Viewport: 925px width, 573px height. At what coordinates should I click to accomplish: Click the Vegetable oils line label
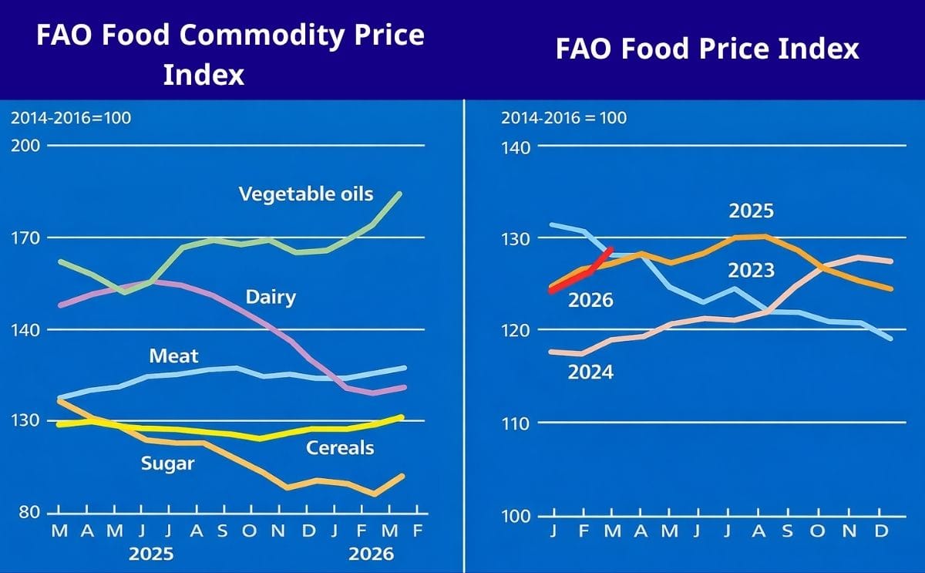pyautogui.click(x=306, y=194)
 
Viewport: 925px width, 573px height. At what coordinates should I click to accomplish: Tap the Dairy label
pyautogui.click(x=271, y=297)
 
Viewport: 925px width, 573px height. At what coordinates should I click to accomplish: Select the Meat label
pyautogui.click(x=173, y=356)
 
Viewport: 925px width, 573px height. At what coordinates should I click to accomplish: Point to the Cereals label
pyautogui.click(x=340, y=448)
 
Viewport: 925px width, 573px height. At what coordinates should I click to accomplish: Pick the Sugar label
pyautogui.click(x=167, y=464)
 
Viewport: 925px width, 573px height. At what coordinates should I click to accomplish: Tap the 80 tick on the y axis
pyautogui.click(x=29, y=513)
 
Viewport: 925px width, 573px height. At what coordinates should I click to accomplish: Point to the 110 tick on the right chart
pyautogui.click(x=516, y=423)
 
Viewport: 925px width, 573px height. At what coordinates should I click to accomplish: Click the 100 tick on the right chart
pyautogui.click(x=516, y=515)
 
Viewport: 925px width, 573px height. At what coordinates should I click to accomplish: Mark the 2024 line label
pyautogui.click(x=590, y=372)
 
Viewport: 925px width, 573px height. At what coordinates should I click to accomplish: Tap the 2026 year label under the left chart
pyautogui.click(x=371, y=554)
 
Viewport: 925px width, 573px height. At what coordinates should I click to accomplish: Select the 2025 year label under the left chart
pyautogui.click(x=151, y=554)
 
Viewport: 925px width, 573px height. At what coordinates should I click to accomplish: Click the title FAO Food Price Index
pyautogui.click(x=707, y=49)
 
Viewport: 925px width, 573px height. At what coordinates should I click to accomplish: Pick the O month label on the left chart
pyautogui.click(x=248, y=531)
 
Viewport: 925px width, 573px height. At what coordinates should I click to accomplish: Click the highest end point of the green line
pyautogui.click(x=399, y=194)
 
